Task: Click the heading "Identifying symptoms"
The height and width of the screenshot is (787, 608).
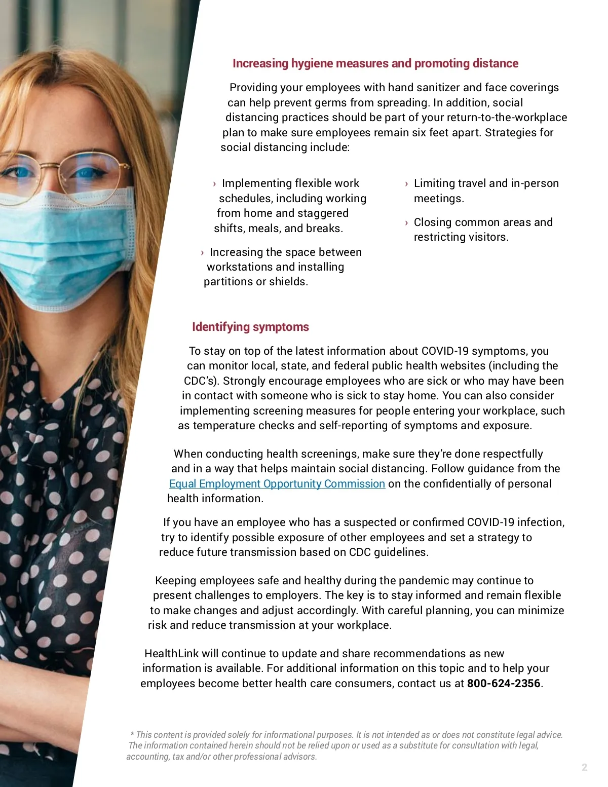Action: click(250, 327)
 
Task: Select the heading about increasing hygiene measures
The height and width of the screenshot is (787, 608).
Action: click(375, 63)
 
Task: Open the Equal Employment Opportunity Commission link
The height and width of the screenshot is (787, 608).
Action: click(277, 483)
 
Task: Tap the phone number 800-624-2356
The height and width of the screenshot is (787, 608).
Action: click(504, 683)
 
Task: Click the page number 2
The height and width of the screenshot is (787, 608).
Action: click(584, 767)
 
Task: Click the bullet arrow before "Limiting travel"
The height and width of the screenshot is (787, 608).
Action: click(406, 184)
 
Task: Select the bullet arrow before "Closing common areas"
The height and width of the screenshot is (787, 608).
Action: click(406, 222)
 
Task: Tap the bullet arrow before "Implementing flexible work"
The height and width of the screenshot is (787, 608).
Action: click(214, 184)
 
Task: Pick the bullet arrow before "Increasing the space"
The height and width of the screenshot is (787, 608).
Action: click(202, 253)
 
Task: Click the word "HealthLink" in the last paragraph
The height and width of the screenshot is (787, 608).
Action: click(172, 653)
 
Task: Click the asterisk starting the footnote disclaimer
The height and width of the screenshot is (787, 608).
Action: click(132, 734)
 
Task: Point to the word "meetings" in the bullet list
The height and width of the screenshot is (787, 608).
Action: click(438, 198)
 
